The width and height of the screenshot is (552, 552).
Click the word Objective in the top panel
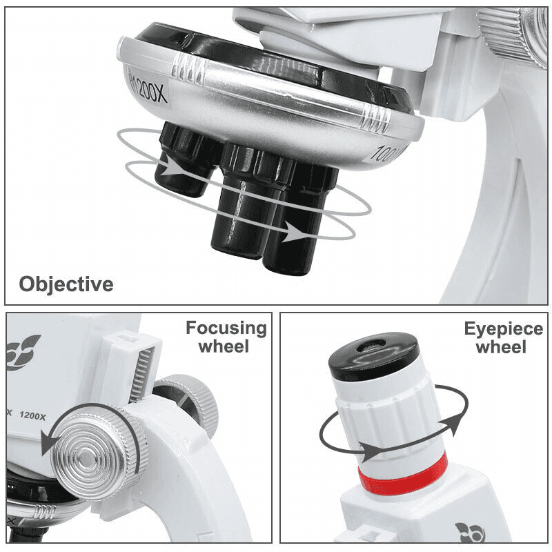(x=66, y=284)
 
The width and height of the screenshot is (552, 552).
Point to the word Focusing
(x=226, y=328)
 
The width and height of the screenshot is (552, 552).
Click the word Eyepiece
(x=503, y=328)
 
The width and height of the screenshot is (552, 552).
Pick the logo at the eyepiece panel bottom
(x=470, y=532)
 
